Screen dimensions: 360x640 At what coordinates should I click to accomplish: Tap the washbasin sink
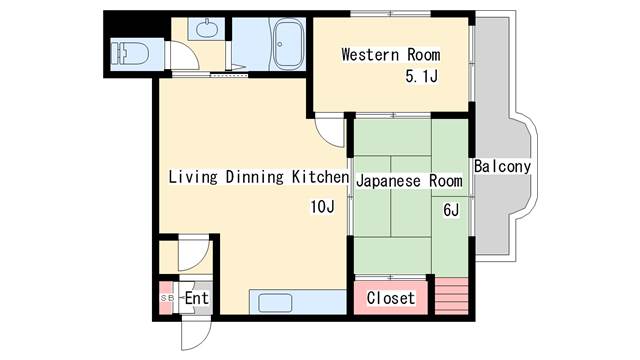click(x=206, y=29)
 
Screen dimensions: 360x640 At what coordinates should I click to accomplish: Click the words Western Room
click(x=384, y=54)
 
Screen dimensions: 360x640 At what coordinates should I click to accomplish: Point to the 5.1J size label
click(x=421, y=76)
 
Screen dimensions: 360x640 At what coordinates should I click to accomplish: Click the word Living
click(x=189, y=178)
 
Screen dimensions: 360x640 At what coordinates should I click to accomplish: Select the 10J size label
click(x=320, y=208)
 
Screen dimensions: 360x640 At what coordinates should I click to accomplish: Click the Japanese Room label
click(x=409, y=181)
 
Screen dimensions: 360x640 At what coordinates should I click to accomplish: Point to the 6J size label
click(x=450, y=211)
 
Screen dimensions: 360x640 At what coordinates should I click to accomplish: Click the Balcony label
click(x=502, y=166)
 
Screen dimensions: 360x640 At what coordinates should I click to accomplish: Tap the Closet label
click(x=390, y=298)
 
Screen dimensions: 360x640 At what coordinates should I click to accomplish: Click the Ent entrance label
click(x=196, y=298)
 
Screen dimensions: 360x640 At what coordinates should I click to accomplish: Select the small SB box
click(x=166, y=298)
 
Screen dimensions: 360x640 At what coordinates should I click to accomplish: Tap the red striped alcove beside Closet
click(x=451, y=295)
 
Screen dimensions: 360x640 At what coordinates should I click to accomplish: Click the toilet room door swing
click(x=180, y=56)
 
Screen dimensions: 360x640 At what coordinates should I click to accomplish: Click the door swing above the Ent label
click(x=194, y=255)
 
